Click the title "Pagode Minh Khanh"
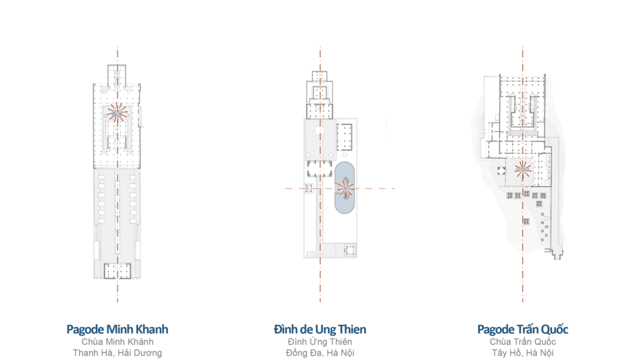[x=117, y=329]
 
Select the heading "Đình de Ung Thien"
[x=320, y=329]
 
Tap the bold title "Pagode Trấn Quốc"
[x=523, y=329]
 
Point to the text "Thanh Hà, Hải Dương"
[x=117, y=353]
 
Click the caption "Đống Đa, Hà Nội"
[x=320, y=353]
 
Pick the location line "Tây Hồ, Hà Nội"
[x=523, y=353]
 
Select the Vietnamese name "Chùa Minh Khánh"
[x=117, y=342]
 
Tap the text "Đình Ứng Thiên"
[x=320, y=342]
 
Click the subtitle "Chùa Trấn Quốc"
[x=523, y=342]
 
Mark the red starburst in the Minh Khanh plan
[x=118, y=113]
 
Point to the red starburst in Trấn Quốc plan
[x=523, y=170]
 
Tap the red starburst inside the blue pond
[x=345, y=189]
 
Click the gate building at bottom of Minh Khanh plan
[x=118, y=271]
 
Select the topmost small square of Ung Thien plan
[x=320, y=75]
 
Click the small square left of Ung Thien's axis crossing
[x=307, y=189]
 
